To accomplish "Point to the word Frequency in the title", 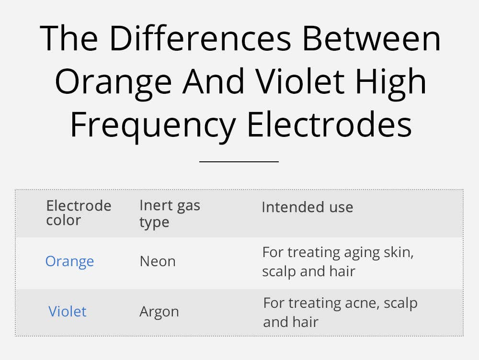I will pyautogui.click(x=153, y=125).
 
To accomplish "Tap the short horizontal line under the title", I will pyautogui.click(x=239, y=162).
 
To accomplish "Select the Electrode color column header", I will pyautogui.click(x=79, y=213).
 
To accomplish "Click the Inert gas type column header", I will pyautogui.click(x=170, y=214).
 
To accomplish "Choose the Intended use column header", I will pyautogui.click(x=307, y=207).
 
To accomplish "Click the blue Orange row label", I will pyautogui.click(x=69, y=261).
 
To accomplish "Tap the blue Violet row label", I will pyautogui.click(x=68, y=312).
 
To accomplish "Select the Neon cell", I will pyautogui.click(x=158, y=261).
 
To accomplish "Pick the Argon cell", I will pyautogui.click(x=159, y=312).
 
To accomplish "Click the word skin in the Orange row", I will pyautogui.click(x=402, y=252).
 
